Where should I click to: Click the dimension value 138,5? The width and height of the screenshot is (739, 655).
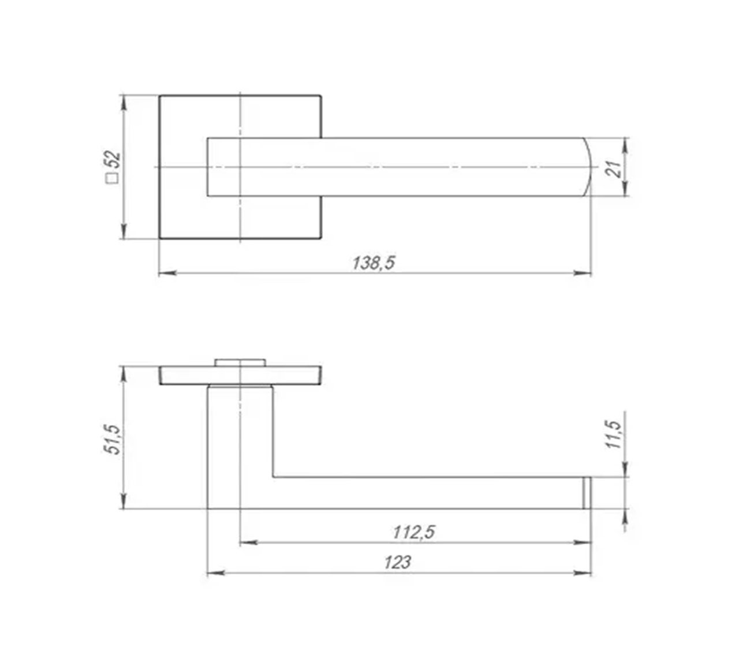(373, 263)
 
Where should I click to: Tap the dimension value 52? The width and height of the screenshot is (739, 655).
(113, 159)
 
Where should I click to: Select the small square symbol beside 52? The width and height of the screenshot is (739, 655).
(113, 178)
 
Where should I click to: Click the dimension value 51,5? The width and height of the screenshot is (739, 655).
(111, 440)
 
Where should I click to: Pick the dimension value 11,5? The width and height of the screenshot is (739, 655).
(614, 435)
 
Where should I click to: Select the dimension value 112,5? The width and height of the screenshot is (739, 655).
(413, 533)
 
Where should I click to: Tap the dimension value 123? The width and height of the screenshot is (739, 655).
(398, 562)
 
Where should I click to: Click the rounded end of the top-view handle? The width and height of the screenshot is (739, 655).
(587, 167)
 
